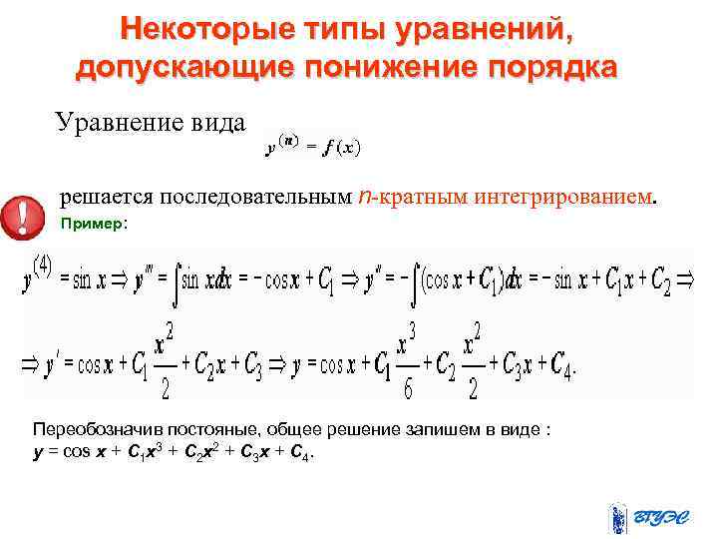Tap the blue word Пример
[x=91, y=224]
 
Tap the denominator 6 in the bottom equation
[x=408, y=385]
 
